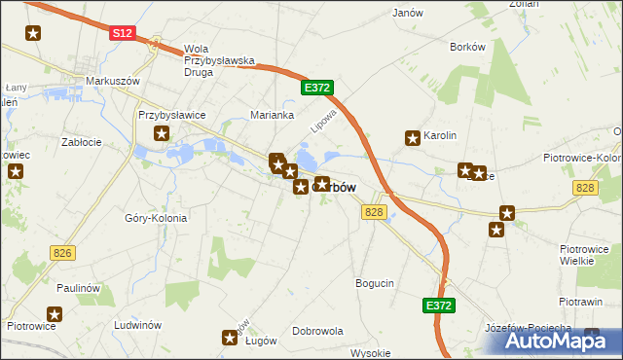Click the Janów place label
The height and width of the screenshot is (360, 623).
407,14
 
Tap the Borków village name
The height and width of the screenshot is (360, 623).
467,46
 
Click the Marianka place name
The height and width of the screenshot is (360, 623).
273,115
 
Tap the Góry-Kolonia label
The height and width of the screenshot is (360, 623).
156,218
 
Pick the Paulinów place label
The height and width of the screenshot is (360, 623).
79,288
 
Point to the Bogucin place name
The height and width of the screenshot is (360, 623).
375,283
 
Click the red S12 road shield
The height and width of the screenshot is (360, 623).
121,32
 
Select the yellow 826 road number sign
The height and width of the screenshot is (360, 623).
62,253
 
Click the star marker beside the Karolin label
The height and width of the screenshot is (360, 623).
413,137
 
